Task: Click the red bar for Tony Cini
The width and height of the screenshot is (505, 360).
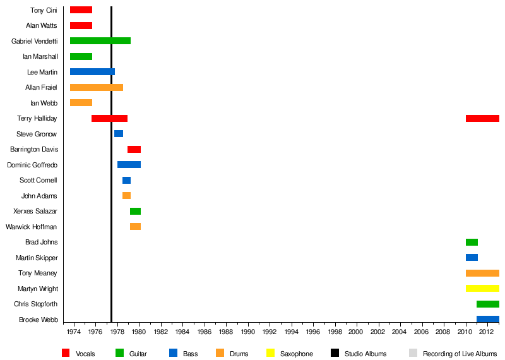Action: pos(81,10)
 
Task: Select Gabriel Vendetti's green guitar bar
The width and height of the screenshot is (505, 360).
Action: pos(100,41)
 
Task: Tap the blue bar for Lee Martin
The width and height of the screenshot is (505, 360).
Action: pos(92,72)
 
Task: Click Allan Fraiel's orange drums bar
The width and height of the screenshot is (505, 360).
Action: pos(97,87)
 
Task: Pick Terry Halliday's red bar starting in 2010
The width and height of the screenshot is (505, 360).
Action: pos(482,118)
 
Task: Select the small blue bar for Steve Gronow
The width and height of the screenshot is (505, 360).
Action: pos(119,134)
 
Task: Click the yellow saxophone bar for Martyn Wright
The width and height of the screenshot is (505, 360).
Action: pos(482,289)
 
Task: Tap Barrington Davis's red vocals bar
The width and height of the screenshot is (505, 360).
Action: pos(134,149)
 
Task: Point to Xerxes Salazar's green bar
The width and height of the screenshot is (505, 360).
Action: pos(135,211)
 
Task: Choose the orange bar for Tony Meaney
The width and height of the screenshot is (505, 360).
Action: pos(482,273)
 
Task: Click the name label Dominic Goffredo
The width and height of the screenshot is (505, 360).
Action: pos(32,165)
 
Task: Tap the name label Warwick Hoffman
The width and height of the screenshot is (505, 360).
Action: pos(31,227)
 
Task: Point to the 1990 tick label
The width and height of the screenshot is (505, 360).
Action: pos(247,332)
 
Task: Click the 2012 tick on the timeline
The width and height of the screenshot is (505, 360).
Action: pos(486,332)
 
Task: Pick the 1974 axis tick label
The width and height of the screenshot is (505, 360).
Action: pos(74,332)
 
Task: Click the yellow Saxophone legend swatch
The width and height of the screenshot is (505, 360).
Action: pos(271,353)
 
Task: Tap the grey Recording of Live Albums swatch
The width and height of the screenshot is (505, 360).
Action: pos(413,353)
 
